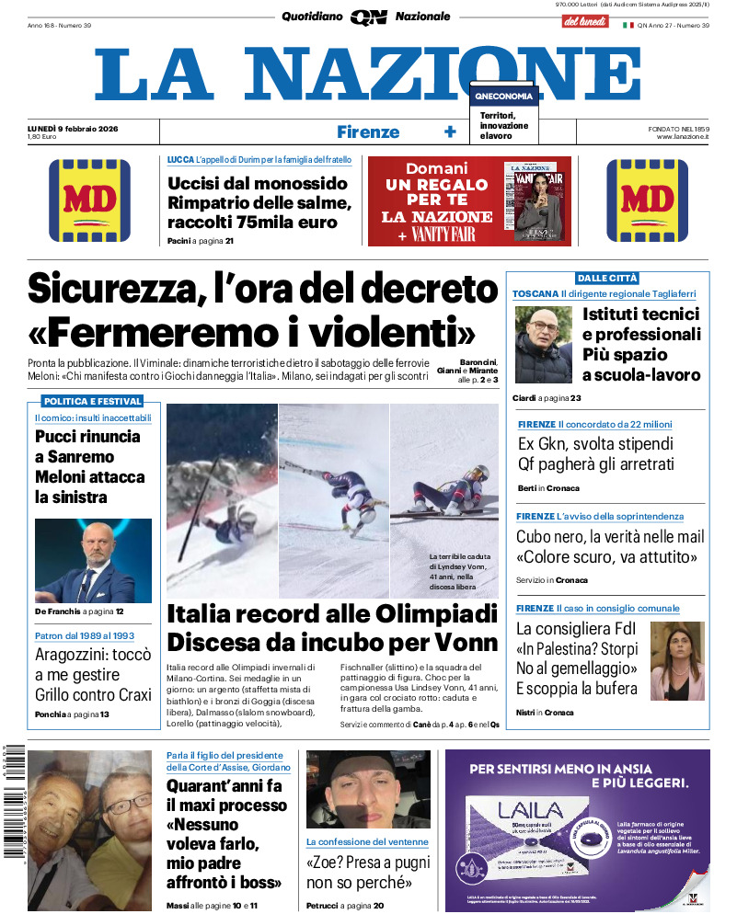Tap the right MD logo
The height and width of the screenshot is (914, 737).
coord(648,201)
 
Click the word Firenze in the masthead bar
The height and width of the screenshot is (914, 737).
coord(368,131)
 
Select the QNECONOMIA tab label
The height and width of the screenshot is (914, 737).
coord(503,96)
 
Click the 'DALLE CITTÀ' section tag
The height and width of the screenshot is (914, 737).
coord(607,278)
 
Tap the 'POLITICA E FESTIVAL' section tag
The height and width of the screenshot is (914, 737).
coord(92,401)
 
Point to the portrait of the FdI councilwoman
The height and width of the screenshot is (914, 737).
coord(677,661)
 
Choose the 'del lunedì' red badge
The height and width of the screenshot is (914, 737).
coord(584,21)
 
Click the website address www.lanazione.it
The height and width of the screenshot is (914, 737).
coord(683,136)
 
